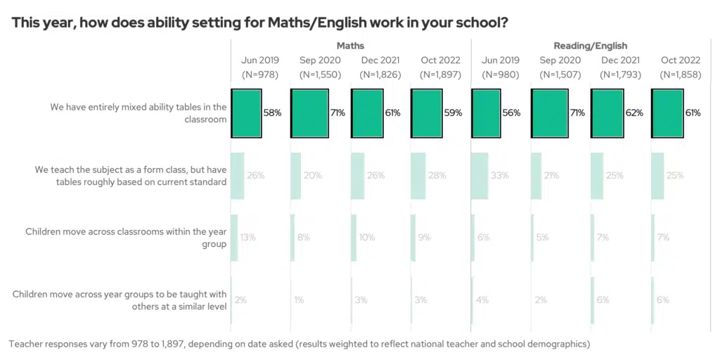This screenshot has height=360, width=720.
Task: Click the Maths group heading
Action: (350, 46)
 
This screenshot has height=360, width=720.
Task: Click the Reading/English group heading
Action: (590, 46)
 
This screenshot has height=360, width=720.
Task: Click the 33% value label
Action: (500, 175)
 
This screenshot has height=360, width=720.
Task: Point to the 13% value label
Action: (247, 238)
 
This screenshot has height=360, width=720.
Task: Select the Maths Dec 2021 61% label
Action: (392, 112)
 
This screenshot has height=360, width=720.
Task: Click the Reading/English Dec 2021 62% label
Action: (634, 112)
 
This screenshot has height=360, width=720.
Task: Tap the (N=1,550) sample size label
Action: (319, 75)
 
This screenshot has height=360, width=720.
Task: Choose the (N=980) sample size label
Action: (500, 75)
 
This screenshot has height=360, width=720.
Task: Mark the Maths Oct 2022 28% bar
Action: (418, 175)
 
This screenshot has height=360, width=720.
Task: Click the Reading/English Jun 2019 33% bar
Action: (480, 175)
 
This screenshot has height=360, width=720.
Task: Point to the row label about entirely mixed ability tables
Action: (138, 113)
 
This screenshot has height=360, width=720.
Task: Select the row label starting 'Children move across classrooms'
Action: (126, 238)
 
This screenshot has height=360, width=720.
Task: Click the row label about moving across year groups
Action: (120, 300)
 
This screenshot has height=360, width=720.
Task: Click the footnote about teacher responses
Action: (299, 344)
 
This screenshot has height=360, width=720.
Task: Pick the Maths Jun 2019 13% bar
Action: (234, 238)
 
